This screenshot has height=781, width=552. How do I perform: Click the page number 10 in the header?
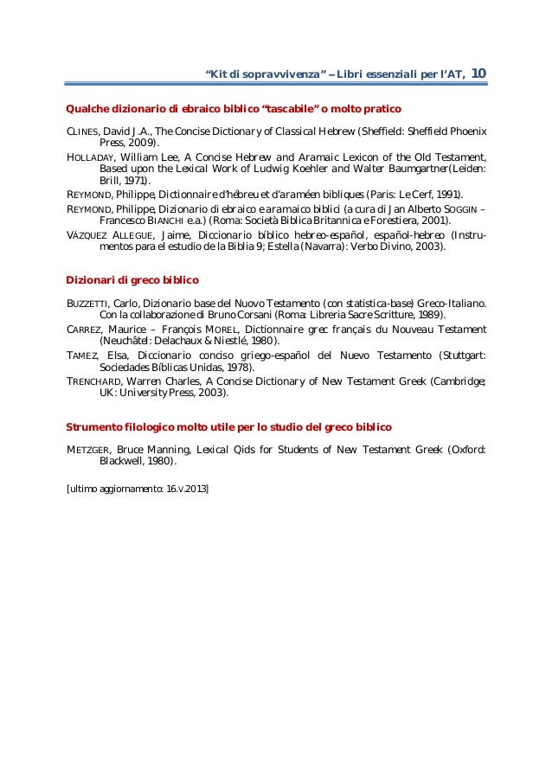[478, 74]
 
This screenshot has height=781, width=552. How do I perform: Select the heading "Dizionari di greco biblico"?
[133, 281]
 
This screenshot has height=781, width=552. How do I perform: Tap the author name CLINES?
[84, 131]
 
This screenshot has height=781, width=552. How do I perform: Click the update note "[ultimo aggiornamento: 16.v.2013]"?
[137, 490]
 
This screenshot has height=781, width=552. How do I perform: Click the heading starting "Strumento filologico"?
[229, 427]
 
